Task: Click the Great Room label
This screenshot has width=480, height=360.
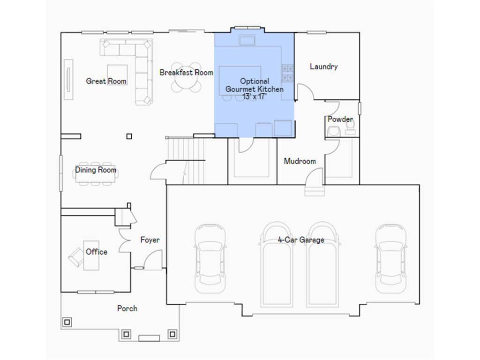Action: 106,81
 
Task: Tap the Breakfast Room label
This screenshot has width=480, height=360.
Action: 187,73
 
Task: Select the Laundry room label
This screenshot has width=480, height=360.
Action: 324,67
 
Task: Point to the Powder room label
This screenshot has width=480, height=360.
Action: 340,119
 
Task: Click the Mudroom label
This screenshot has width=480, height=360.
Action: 300,161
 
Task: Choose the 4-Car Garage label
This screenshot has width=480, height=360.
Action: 301,240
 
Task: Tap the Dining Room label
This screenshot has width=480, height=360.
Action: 96,170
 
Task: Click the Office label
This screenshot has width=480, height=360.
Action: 97,252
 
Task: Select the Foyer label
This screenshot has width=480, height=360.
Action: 150,240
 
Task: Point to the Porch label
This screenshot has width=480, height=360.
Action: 127,308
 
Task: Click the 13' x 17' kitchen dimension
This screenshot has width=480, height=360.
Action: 255,96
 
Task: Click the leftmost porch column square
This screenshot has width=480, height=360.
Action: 67,322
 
